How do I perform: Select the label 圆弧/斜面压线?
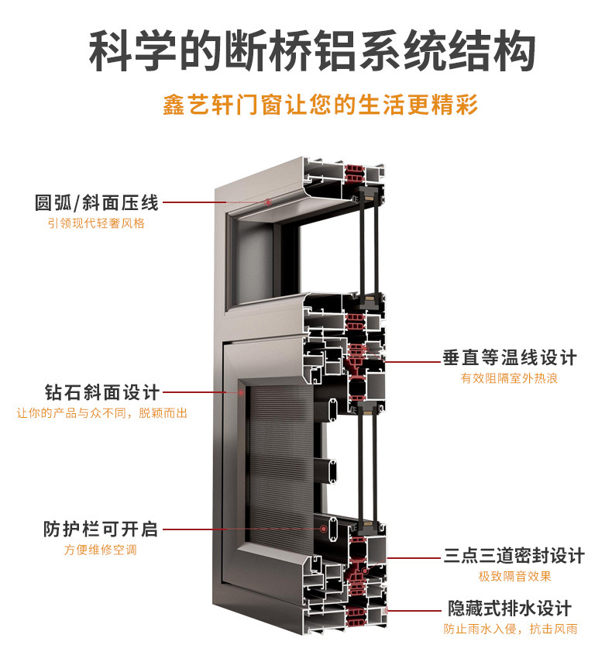pyautogui.click(x=96, y=203)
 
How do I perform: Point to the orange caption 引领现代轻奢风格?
pyautogui.click(x=96, y=223)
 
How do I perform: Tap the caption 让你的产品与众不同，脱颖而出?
pyautogui.click(x=101, y=412)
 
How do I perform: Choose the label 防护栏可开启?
pyautogui.click(x=100, y=529)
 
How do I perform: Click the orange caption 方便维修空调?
pyautogui.click(x=100, y=550)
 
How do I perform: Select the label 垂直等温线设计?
pyautogui.click(x=510, y=358)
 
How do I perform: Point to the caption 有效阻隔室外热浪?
pyautogui.click(x=509, y=378)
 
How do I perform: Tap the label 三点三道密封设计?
pyautogui.click(x=514, y=556)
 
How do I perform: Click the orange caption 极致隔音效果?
pyautogui.click(x=514, y=576)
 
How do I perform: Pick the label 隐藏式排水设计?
pyautogui.click(x=509, y=608)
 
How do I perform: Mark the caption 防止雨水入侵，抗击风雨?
pyautogui.click(x=510, y=629)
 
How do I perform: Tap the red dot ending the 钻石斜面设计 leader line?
pyautogui.click(x=242, y=392)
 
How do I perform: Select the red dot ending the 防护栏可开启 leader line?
pyautogui.click(x=324, y=529)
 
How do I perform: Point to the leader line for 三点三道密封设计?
pyautogui.click(x=414, y=557)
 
